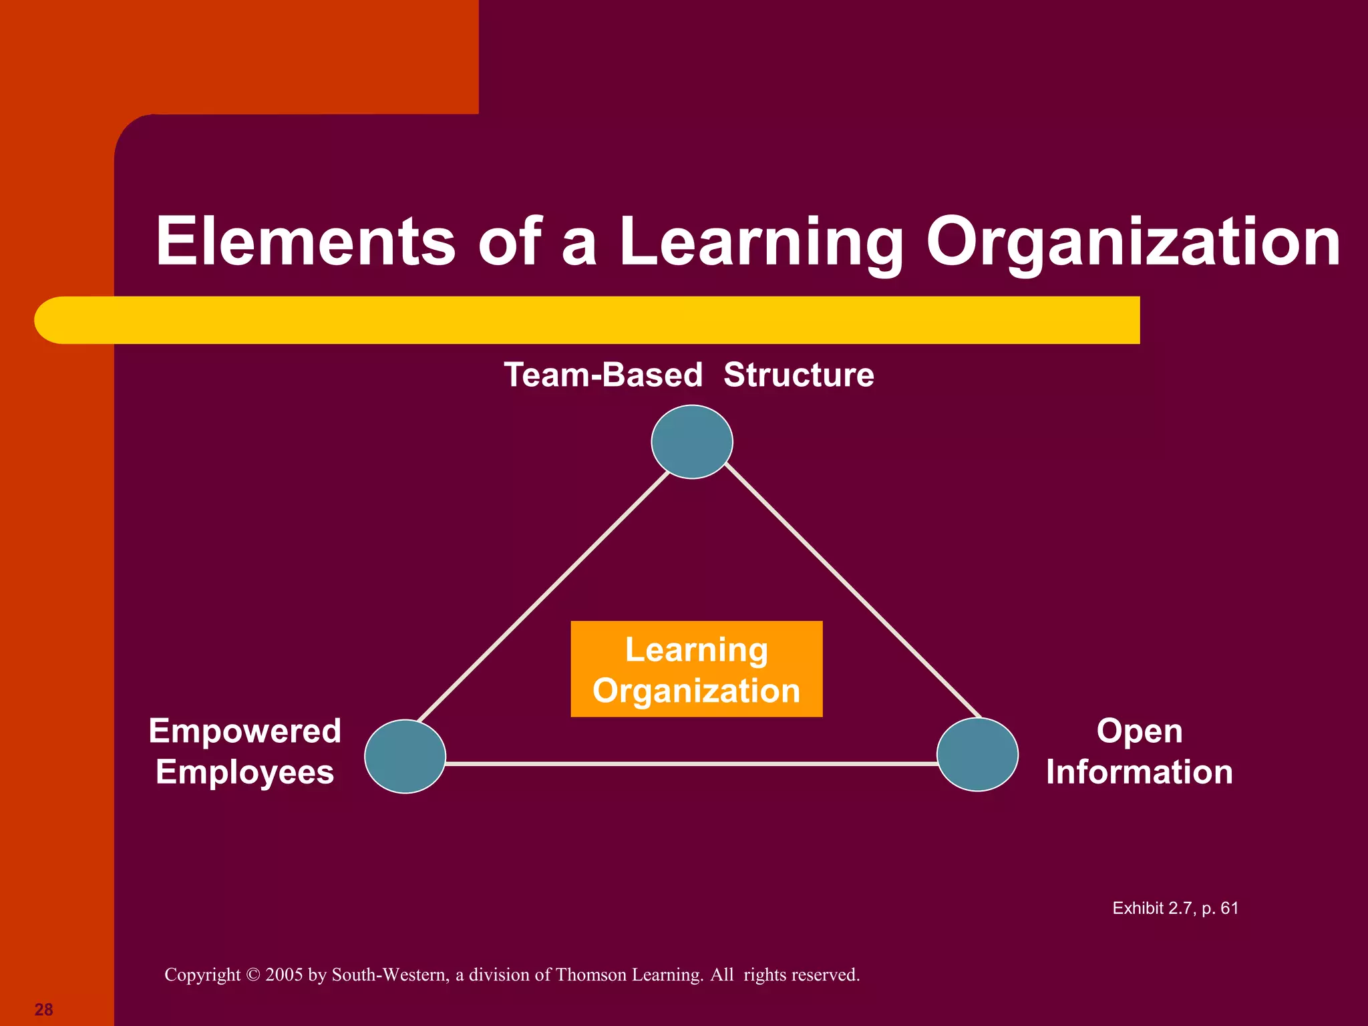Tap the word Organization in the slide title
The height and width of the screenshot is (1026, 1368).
click(1133, 242)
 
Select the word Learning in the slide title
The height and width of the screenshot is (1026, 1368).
click(761, 242)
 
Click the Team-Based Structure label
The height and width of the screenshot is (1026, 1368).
click(689, 374)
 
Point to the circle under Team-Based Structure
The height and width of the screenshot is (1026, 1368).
click(692, 442)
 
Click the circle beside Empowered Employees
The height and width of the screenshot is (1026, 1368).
click(405, 756)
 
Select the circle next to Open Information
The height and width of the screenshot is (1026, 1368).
click(977, 754)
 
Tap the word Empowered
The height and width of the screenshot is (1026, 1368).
click(244, 731)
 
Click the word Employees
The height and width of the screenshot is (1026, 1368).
click(244, 772)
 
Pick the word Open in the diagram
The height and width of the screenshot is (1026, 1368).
click(1139, 731)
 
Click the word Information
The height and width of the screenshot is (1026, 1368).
click(1139, 772)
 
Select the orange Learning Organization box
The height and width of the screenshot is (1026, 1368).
click(696, 669)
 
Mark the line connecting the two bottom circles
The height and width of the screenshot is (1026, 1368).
click(691, 763)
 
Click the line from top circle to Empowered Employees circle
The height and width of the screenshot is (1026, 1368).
click(542, 596)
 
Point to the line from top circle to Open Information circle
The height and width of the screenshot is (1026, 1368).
click(852, 590)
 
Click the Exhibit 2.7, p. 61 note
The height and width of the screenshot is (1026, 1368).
click(1175, 908)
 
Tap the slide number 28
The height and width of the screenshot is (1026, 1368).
click(43, 1009)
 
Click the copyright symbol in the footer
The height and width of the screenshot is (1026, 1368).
click(252, 975)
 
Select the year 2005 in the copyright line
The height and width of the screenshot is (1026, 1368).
click(284, 975)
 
